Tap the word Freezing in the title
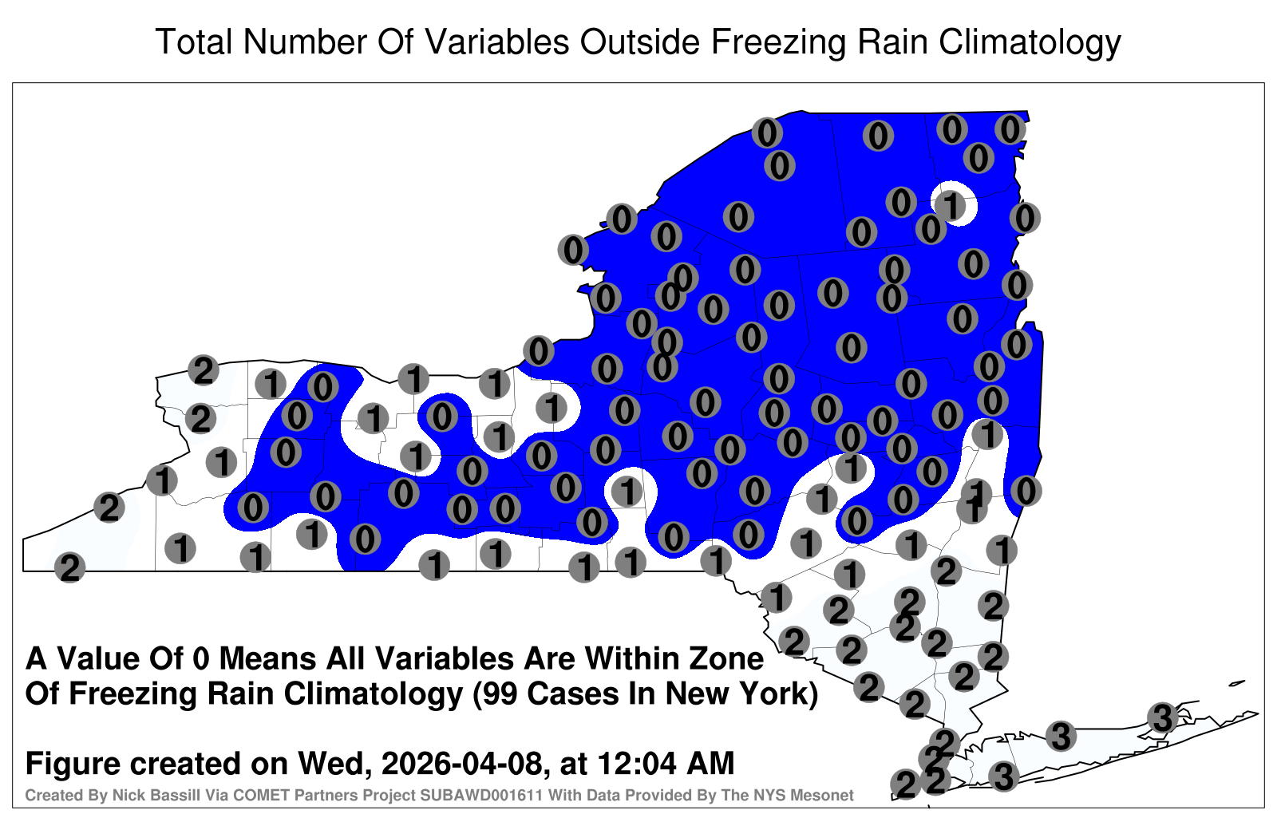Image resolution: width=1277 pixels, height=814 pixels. tap(777, 43)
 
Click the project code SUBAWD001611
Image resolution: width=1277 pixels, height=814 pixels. tap(481, 795)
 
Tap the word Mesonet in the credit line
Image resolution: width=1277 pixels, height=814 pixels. tap(827, 795)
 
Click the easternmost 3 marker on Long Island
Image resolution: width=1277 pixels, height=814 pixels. tap(1162, 717)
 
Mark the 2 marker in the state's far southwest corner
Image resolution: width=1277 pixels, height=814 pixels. tap(69, 567)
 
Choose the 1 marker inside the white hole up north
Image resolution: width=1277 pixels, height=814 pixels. tap(950, 204)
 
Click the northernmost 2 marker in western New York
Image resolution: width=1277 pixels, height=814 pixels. tap(204, 370)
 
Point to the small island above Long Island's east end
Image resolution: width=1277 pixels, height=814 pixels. tap(1236, 683)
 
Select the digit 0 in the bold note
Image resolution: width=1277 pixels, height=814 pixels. tap(201, 659)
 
